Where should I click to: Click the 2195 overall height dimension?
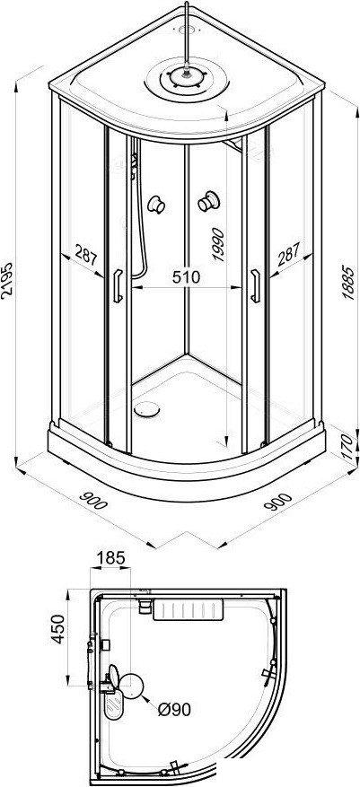click(x=8, y=280)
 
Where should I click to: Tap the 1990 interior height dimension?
click(x=218, y=244)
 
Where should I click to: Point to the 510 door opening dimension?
click(x=186, y=276)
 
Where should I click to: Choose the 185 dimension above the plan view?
click(x=110, y=557)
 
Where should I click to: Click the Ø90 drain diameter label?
click(x=174, y=709)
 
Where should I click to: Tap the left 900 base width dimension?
click(x=94, y=500)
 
